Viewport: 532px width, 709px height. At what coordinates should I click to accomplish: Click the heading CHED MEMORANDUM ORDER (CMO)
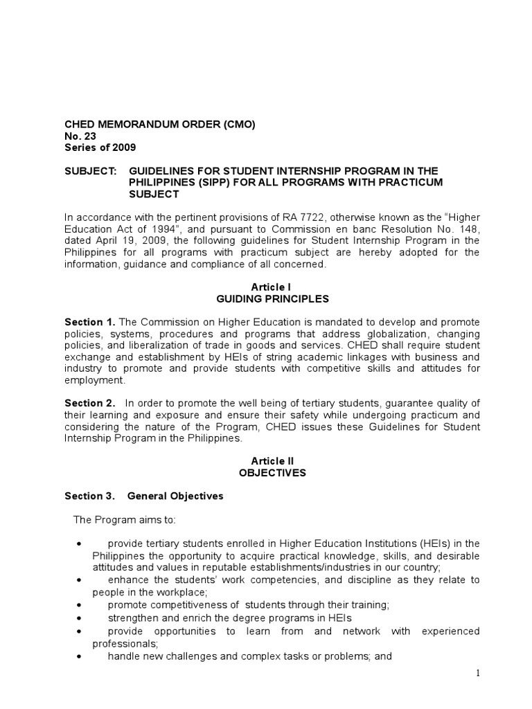(159, 125)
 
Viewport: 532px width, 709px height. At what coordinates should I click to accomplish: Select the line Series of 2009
(100, 147)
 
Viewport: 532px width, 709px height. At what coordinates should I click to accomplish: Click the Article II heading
(266, 460)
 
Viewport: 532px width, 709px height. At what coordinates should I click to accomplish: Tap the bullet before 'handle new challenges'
(82, 656)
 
